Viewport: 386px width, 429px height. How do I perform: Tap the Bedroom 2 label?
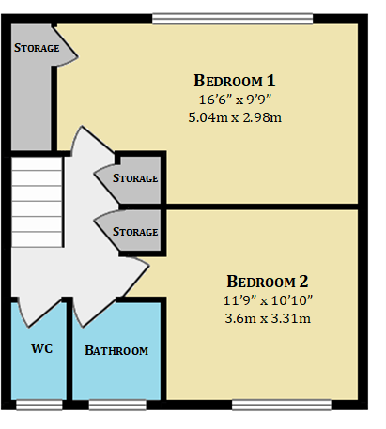pos(268,281)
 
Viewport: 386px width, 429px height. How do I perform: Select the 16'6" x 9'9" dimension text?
pos(235,99)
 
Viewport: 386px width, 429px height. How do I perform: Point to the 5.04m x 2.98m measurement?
pos(235,117)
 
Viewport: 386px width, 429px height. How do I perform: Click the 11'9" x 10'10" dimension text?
pos(268,300)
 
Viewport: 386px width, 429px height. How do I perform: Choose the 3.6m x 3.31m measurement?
pos(268,319)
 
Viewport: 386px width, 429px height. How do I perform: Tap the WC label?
pos(40,349)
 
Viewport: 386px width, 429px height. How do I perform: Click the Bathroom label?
pos(117,351)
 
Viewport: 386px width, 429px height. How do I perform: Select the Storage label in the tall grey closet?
pos(37,48)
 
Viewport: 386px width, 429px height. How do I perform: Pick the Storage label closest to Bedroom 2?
pos(135,231)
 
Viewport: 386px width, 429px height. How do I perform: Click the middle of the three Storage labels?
pos(135,178)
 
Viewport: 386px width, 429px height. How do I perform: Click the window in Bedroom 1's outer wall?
pos(232,17)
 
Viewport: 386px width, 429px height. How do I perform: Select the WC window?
pos(39,405)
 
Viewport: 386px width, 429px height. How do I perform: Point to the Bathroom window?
pos(117,405)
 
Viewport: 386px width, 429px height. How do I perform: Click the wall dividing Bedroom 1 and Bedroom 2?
pos(263,204)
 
